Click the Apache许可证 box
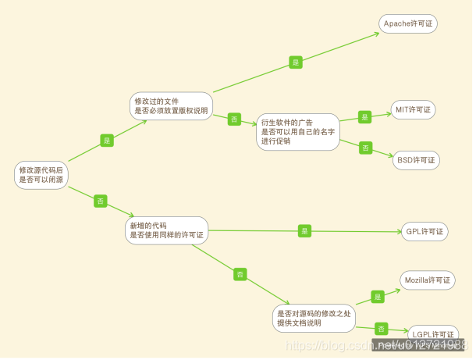point(408,23)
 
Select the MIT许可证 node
point(413,110)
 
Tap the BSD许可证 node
point(416,160)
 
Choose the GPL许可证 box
point(424,231)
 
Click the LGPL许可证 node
point(432,334)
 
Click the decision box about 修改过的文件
point(171,106)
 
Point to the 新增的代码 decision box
point(167,230)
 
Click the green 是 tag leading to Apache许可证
point(296,62)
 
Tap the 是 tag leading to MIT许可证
point(364,117)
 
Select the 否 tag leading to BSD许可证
point(365,148)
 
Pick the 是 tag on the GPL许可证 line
point(304,230)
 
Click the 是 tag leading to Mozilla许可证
point(378,297)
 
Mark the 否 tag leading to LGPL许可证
point(382,329)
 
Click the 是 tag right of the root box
point(107,141)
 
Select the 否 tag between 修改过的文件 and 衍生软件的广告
point(234,119)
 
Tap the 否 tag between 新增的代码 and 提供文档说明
point(240,274)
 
